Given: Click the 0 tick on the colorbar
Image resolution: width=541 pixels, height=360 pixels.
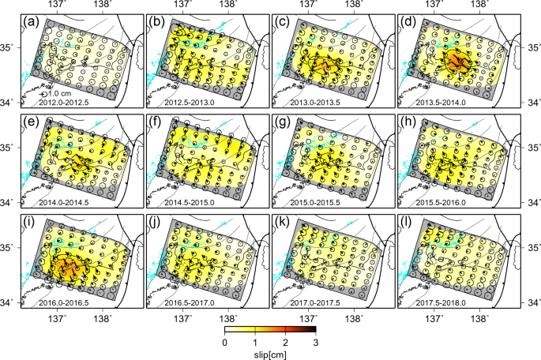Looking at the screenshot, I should tap(225, 342).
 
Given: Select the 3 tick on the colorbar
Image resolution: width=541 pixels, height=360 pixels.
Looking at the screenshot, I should tap(315, 342).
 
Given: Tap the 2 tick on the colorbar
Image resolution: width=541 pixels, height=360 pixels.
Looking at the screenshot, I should tap(285, 342).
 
